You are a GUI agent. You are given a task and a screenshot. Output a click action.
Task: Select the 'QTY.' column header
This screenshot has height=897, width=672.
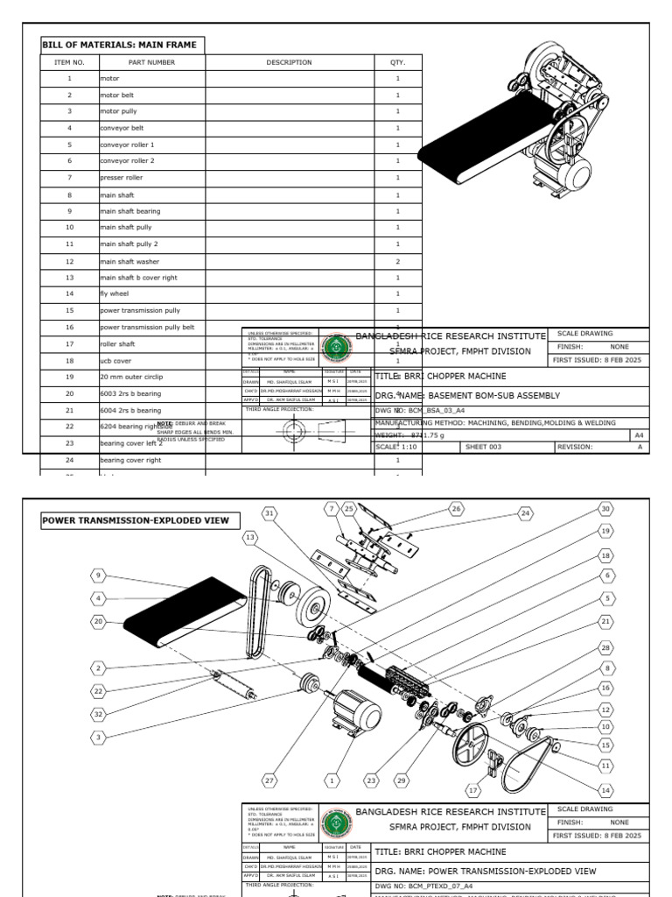[x=398, y=62]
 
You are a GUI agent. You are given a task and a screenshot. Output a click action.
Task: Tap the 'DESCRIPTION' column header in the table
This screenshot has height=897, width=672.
[x=289, y=62]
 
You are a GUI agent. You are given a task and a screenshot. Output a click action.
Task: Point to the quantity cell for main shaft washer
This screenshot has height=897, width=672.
[x=398, y=261]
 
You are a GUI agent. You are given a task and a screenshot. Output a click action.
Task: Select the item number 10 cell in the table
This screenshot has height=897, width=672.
[x=69, y=228]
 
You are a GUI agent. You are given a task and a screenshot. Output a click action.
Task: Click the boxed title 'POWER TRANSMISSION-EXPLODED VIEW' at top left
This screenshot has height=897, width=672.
[x=136, y=520]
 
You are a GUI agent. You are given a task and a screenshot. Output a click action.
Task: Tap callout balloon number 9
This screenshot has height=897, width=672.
[x=99, y=576]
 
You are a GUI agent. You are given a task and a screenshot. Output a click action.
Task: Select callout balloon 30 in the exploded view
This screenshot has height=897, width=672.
[x=605, y=508]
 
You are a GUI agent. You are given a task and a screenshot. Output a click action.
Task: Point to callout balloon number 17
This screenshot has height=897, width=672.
[x=473, y=790]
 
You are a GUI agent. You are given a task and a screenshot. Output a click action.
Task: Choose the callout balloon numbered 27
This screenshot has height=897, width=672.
[x=269, y=780]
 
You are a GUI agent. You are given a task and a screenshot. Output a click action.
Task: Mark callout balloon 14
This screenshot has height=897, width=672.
[x=605, y=790]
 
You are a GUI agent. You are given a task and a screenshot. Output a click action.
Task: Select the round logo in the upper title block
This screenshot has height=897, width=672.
[x=332, y=347]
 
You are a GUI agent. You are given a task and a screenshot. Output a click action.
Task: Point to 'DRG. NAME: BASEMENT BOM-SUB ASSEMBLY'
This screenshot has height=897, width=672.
[x=466, y=396]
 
